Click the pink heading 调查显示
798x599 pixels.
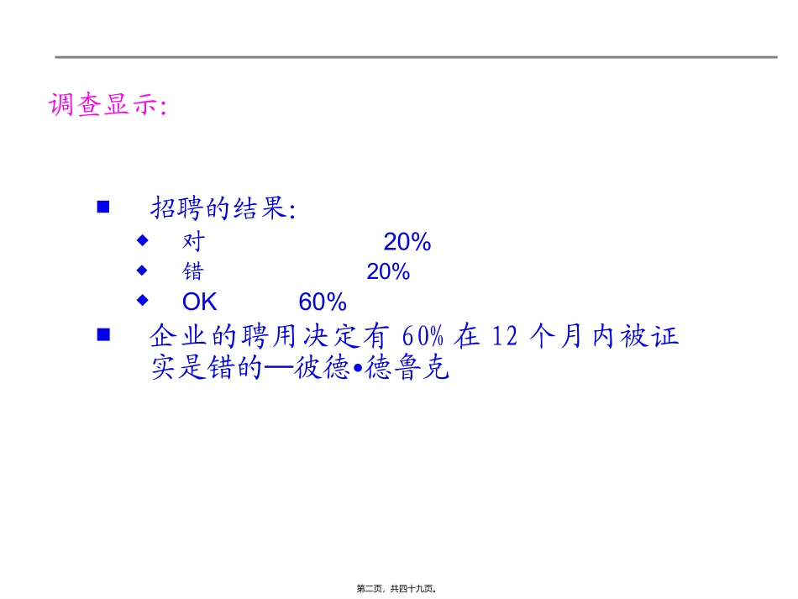108,106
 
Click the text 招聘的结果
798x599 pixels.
223,208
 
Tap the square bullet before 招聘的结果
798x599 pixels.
104,207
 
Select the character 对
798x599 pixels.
193,242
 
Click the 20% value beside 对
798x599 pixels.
407,242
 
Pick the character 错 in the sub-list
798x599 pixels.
193,271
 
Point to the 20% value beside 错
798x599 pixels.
388,271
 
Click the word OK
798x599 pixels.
199,302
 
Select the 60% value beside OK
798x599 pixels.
323,302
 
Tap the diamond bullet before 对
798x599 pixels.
142,240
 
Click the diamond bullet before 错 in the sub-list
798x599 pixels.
142,270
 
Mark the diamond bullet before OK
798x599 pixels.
142,299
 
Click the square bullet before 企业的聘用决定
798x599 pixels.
104,334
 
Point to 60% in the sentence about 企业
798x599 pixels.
423,337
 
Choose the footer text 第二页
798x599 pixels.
374,590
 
